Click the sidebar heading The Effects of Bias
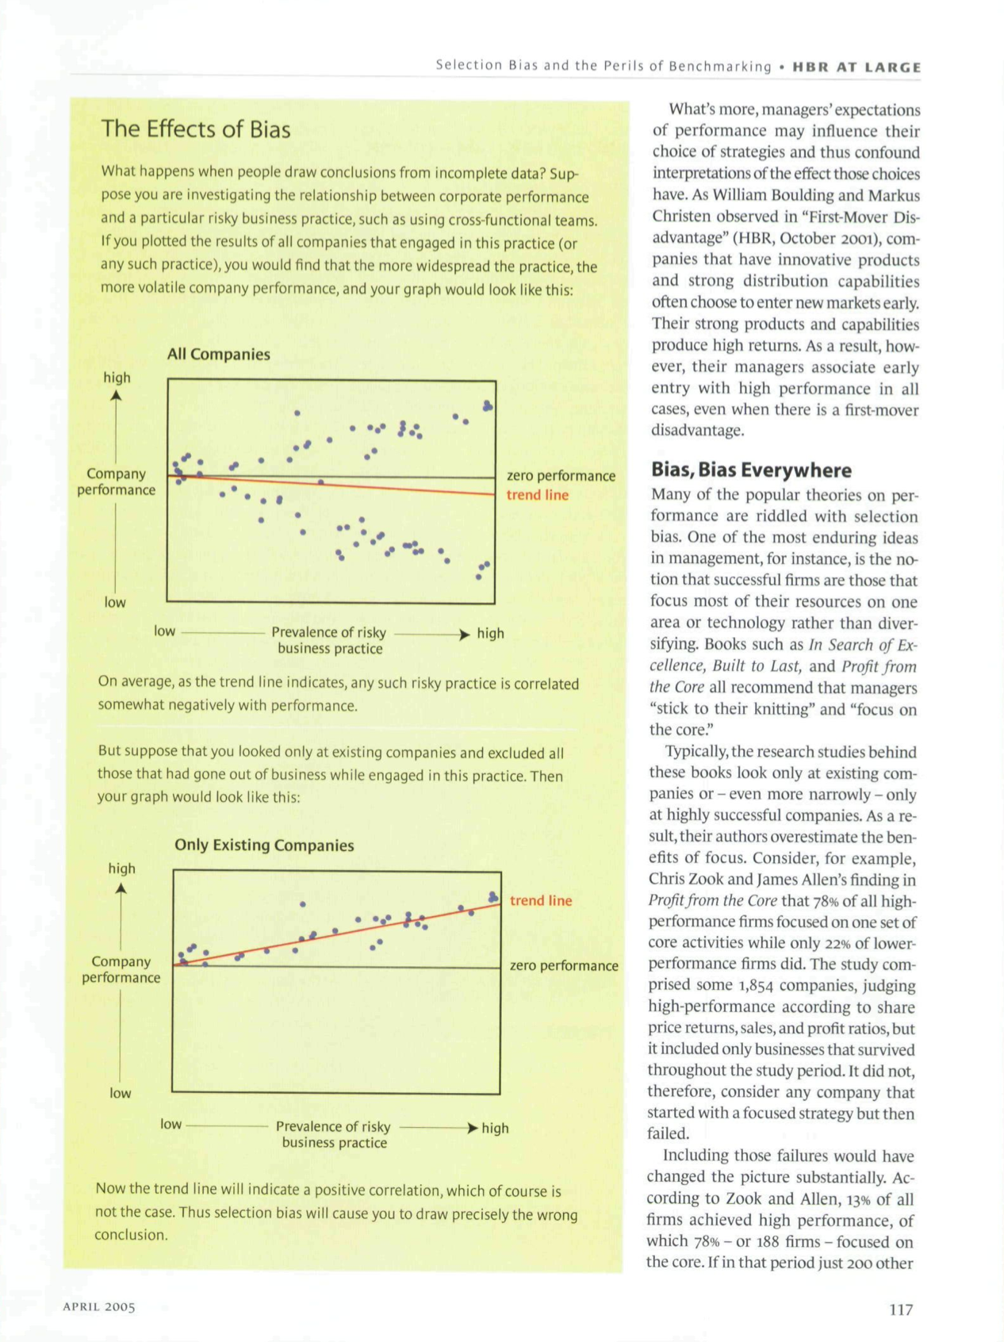[x=196, y=129]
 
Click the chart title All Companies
[x=218, y=355]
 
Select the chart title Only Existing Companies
[x=264, y=845]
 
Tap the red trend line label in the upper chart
[x=537, y=495]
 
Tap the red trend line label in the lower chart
[x=540, y=901]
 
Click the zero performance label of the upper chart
[x=561, y=476]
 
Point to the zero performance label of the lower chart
[x=564, y=966]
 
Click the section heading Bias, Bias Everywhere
[x=749, y=470]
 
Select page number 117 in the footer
[x=901, y=1309]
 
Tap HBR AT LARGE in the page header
[x=856, y=67]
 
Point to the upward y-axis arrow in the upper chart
[x=117, y=397]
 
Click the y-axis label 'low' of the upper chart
[x=115, y=603]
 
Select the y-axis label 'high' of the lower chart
[x=121, y=868]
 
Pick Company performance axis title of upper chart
[x=117, y=482]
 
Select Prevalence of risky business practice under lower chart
[x=334, y=1135]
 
